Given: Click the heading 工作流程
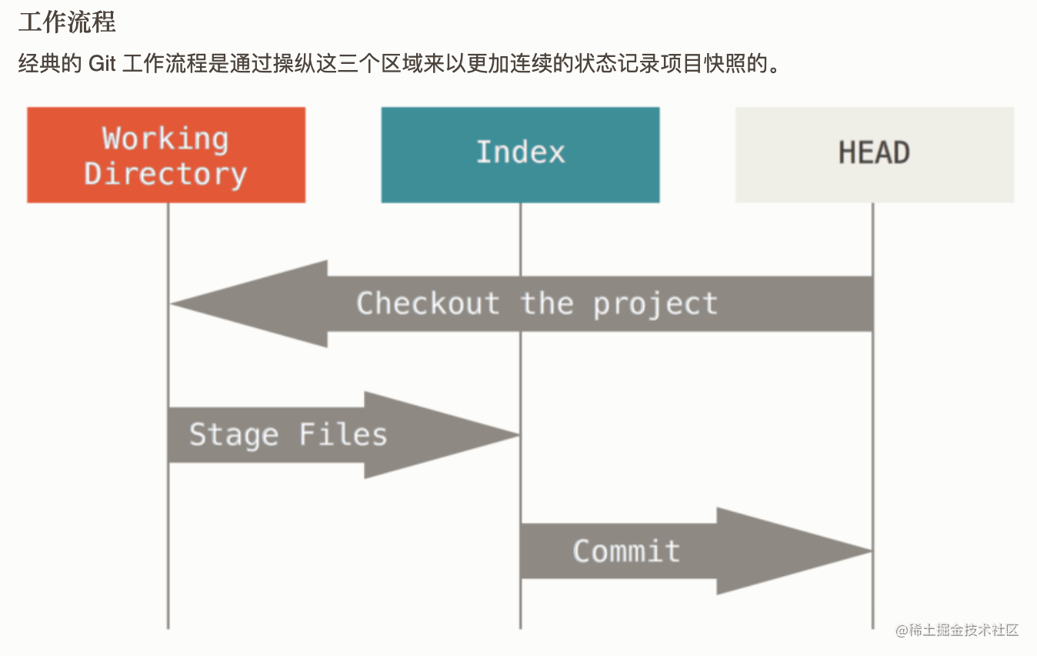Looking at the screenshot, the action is click(67, 22).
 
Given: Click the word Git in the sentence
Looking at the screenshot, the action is click(102, 63).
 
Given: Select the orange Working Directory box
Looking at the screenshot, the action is click(166, 155).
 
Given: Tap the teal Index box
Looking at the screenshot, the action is click(520, 155).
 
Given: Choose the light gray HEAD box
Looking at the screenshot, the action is click(875, 155).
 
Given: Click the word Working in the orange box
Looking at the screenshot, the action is click(165, 139).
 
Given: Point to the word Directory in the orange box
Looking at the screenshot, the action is click(165, 174).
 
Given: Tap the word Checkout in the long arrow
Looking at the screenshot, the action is click(428, 303).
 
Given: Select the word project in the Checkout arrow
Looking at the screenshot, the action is click(655, 305).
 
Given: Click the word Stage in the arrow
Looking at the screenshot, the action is click(234, 436).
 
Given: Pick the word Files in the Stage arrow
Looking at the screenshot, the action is click(343, 434).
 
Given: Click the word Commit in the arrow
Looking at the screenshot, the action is click(626, 551).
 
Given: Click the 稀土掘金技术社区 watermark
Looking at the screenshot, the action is click(957, 630).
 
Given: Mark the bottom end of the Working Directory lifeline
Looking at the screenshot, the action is click(168, 628).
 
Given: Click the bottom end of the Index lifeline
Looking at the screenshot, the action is click(520, 628).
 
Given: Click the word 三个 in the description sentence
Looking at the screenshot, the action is click(359, 63).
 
